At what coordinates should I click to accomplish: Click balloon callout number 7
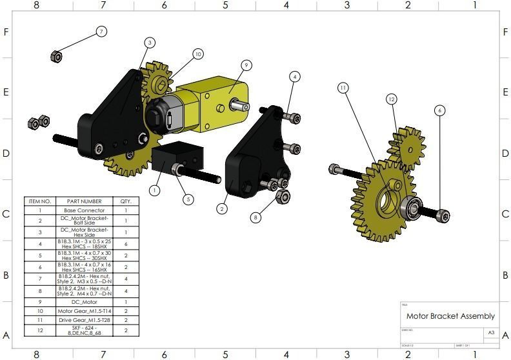click(101, 31)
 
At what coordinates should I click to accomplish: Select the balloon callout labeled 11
click(343, 87)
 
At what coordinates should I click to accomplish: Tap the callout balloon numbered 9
click(246, 65)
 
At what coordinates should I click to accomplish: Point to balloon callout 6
click(440, 110)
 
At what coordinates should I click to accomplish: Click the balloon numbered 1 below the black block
click(154, 190)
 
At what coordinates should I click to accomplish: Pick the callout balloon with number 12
click(391, 99)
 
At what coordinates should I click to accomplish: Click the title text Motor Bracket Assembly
click(450, 316)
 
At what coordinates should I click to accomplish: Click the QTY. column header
click(126, 201)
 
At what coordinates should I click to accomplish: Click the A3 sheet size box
click(491, 333)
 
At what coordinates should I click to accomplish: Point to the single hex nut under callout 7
click(55, 57)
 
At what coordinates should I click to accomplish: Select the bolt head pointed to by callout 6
click(443, 215)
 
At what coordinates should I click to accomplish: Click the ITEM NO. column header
click(39, 201)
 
